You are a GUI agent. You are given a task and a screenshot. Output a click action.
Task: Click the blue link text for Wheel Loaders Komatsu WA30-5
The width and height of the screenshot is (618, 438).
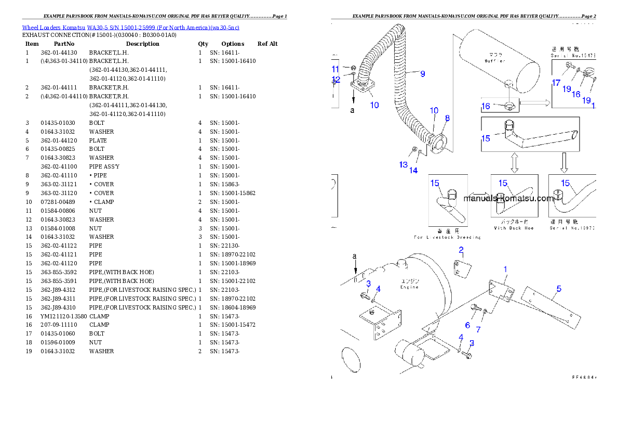pyautogui.click(x=130, y=28)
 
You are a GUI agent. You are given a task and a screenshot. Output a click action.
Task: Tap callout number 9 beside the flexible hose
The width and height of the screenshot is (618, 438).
pyautogui.click(x=422, y=74)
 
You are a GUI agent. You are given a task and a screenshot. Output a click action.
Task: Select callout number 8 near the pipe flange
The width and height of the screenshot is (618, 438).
pyautogui.click(x=447, y=118)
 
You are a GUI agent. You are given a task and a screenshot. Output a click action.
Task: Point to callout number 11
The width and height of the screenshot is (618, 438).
pyautogui.click(x=335, y=69)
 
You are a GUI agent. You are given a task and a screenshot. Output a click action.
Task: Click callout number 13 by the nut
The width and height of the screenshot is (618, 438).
pyautogui.click(x=404, y=165)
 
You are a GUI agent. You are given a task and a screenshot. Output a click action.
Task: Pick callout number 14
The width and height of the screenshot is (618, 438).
pyautogui.click(x=413, y=170)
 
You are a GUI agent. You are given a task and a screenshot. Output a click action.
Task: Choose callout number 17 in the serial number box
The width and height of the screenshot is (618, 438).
pyautogui.click(x=556, y=83)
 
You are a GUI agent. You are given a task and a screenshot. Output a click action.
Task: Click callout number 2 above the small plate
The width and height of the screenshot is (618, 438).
pyautogui.click(x=461, y=250)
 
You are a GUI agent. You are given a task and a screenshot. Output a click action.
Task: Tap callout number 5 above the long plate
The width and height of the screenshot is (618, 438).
pyautogui.click(x=559, y=289)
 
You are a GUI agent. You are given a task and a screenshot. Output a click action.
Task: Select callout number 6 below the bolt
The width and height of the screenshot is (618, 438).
pyautogui.click(x=467, y=325)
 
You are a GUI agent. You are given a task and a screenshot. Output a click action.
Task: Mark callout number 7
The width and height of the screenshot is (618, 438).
pyautogui.click(x=478, y=329)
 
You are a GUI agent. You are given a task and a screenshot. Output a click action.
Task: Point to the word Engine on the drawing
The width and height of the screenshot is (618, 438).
pyautogui.click(x=409, y=287)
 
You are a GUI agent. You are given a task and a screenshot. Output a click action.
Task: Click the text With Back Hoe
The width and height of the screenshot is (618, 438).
pyautogui.click(x=514, y=228)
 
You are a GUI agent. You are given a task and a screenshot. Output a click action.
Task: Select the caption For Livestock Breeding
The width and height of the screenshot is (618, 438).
pyautogui.click(x=447, y=237)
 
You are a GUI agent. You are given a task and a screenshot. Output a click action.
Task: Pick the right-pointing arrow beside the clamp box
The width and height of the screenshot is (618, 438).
pyautogui.click(x=534, y=103)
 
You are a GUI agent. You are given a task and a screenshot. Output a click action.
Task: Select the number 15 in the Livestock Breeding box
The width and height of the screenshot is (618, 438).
pyautogui.click(x=435, y=183)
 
